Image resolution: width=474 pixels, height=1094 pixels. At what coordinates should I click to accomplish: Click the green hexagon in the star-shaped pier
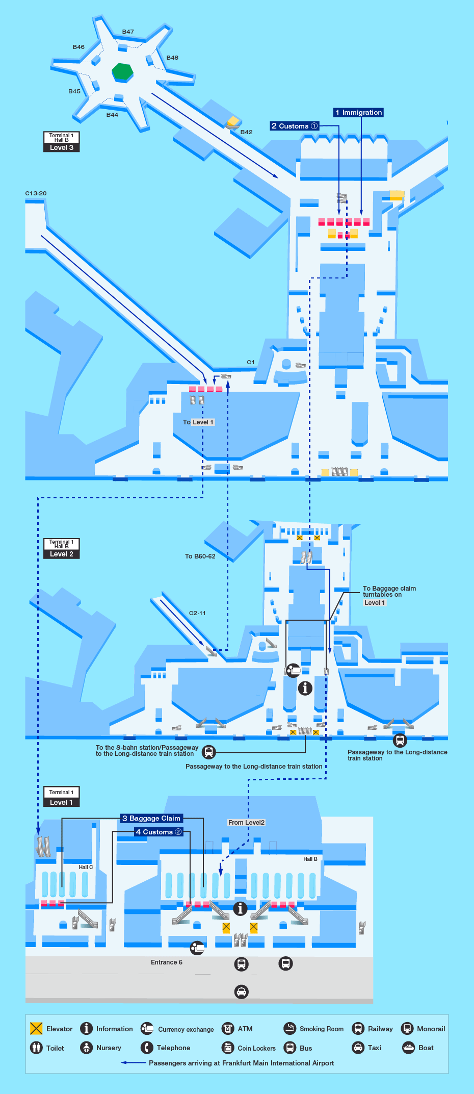(x=122, y=71)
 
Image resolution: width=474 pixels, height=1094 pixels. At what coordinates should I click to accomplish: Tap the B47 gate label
(x=128, y=32)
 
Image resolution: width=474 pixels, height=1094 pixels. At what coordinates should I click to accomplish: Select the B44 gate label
(x=112, y=115)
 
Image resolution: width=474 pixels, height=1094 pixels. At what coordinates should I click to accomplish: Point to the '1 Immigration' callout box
(x=359, y=112)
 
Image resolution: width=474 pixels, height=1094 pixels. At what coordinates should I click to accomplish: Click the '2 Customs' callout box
(x=295, y=126)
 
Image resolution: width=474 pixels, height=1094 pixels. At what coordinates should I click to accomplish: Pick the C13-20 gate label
(x=36, y=193)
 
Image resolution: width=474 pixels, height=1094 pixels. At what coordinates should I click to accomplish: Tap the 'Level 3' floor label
(x=61, y=147)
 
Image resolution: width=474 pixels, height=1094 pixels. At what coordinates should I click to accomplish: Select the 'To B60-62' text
(x=200, y=556)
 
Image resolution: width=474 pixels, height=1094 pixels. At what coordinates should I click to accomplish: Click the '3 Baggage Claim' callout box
(x=151, y=818)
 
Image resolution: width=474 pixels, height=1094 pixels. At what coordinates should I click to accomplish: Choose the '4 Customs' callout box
(x=158, y=832)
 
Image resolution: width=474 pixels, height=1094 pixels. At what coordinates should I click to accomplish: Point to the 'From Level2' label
(x=246, y=822)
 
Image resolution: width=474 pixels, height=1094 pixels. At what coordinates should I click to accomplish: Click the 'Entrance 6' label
(x=166, y=962)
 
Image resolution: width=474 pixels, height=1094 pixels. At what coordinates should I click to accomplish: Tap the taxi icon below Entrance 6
(x=242, y=991)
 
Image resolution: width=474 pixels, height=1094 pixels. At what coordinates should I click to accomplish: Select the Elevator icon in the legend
(x=36, y=1028)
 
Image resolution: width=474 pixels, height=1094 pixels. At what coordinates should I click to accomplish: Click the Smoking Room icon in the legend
(x=290, y=1028)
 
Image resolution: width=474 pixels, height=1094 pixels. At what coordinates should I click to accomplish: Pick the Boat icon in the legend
(x=408, y=1048)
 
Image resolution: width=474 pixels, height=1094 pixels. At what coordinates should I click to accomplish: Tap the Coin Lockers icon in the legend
(x=228, y=1048)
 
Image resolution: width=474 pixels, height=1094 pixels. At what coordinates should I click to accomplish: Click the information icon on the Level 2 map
(x=305, y=688)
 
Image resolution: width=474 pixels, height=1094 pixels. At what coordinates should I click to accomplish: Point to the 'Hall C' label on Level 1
(x=86, y=867)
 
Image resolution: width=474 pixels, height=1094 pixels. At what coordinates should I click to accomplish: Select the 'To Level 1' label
(x=198, y=422)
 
